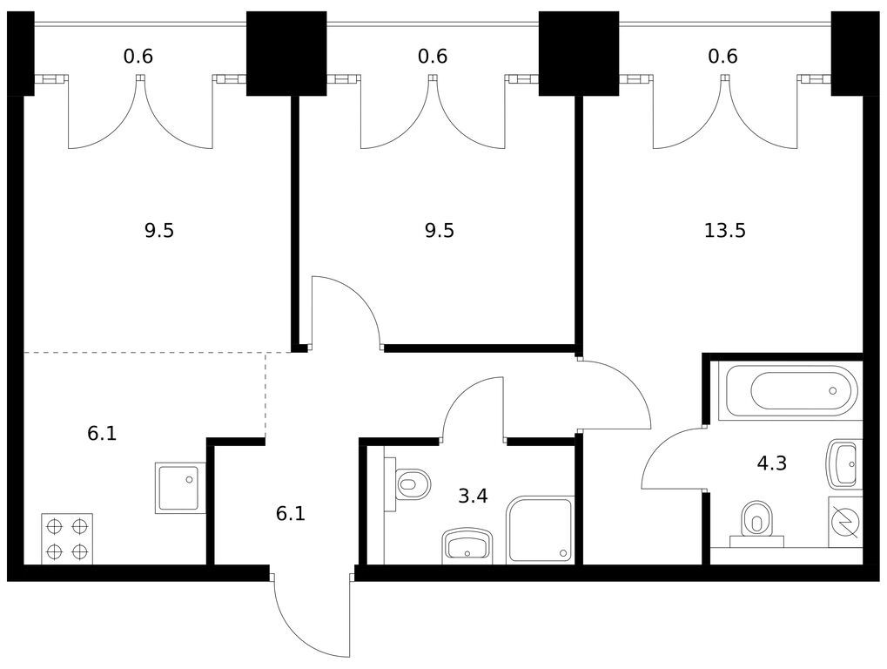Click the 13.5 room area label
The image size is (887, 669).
pyautogui.click(x=724, y=231)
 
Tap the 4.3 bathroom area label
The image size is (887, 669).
pyautogui.click(x=771, y=463)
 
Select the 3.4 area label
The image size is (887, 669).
pyautogui.click(x=473, y=497)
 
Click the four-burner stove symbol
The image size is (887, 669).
pyautogui.click(x=67, y=539)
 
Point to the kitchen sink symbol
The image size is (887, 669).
pyautogui.click(x=180, y=488)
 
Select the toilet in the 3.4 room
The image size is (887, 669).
pyautogui.click(x=412, y=484)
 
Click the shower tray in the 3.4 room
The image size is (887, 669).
pyautogui.click(x=541, y=530)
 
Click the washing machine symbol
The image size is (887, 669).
pyautogui.click(x=844, y=522)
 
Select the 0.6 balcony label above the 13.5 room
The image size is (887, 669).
pyautogui.click(x=722, y=57)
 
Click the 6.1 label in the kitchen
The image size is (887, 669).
pyautogui.click(x=102, y=433)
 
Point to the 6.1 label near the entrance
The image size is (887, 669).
pyautogui.click(x=290, y=514)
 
